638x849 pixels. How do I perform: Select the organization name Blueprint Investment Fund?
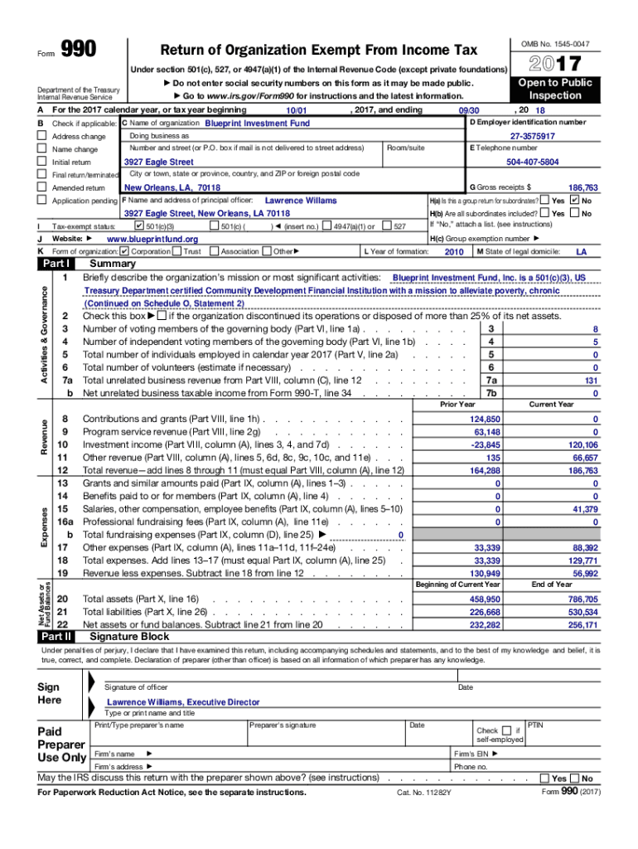pyautogui.click(x=245, y=124)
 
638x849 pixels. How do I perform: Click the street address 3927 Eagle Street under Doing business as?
pyautogui.click(x=158, y=163)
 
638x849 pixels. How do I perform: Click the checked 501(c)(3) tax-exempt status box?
pyautogui.click(x=138, y=226)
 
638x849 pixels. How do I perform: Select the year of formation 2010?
pyautogui.click(x=454, y=251)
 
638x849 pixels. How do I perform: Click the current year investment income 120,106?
pyautogui.click(x=582, y=445)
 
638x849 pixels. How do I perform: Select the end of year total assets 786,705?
pyautogui.click(x=582, y=599)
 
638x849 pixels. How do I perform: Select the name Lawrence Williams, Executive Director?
pyautogui.click(x=183, y=702)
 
